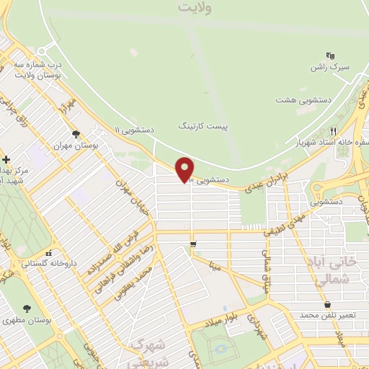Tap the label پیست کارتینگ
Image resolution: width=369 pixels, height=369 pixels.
pyautogui.click(x=203, y=125)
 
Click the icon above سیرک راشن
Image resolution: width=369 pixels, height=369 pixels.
pyautogui.click(x=330, y=55)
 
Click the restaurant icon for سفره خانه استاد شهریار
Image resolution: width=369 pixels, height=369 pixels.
pyautogui.click(x=332, y=131)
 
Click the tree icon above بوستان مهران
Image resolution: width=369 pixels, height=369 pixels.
pyautogui.click(x=76, y=134)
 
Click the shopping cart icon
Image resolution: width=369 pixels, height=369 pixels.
pyautogui.click(x=193, y=245)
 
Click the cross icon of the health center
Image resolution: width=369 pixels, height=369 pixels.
pyautogui.click(x=6, y=159)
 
